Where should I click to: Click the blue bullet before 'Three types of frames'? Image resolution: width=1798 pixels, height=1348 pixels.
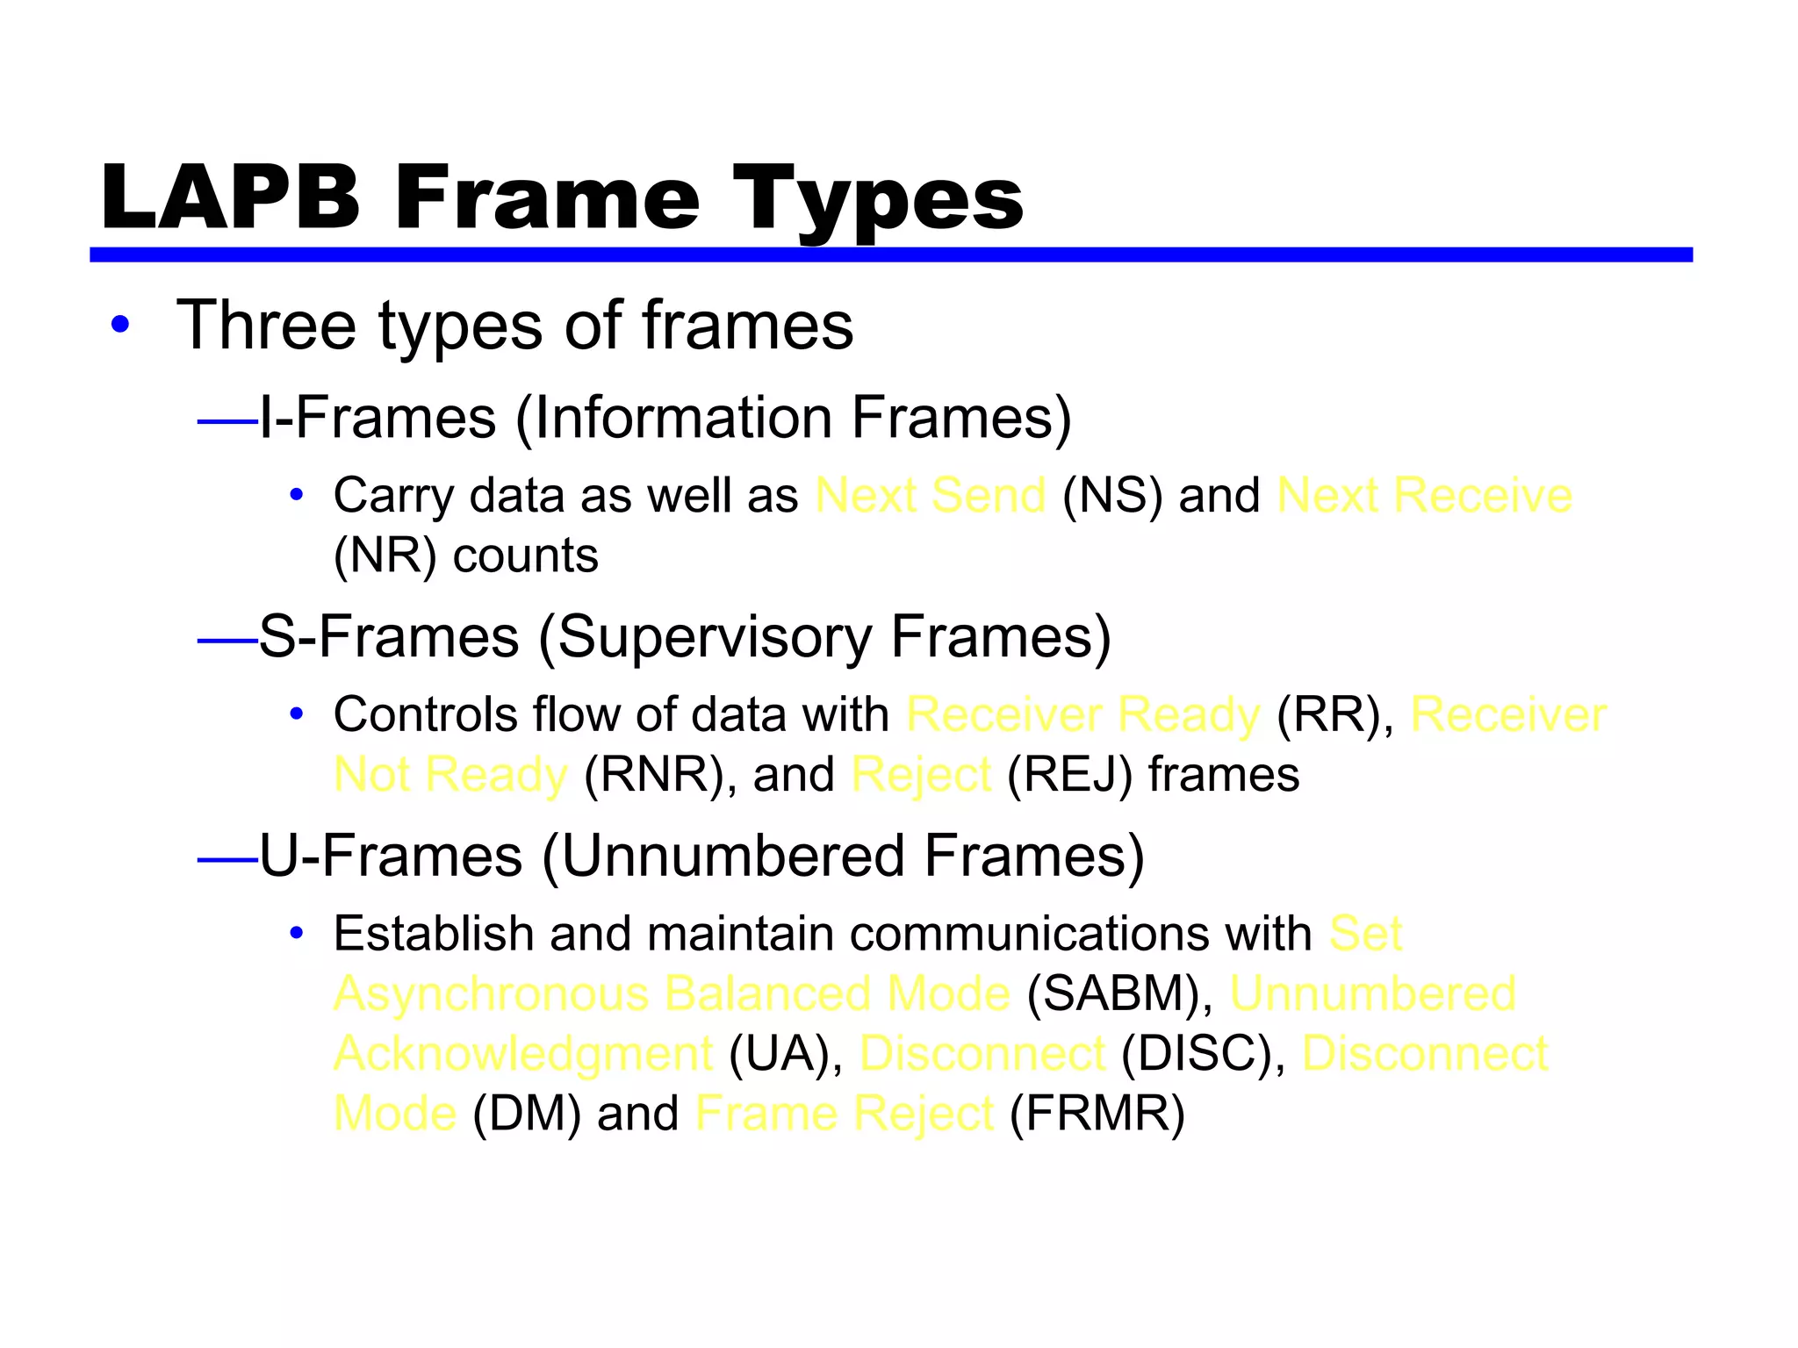(120, 325)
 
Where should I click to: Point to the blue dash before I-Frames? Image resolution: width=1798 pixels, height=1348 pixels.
(227, 422)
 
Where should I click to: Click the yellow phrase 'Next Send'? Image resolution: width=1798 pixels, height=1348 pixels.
(931, 495)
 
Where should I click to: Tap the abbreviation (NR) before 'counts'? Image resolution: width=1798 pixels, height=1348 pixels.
(385, 556)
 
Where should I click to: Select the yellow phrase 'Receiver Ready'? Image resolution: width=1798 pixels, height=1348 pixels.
(1083, 714)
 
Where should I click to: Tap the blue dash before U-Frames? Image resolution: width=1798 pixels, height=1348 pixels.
(227, 860)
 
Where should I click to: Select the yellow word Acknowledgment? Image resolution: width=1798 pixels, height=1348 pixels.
(524, 1054)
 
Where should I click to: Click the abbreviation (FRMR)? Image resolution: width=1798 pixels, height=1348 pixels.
(1097, 1114)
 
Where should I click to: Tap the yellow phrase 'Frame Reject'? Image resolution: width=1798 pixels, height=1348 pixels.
(844, 1114)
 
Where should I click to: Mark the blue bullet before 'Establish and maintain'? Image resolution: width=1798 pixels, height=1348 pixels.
(297, 933)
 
